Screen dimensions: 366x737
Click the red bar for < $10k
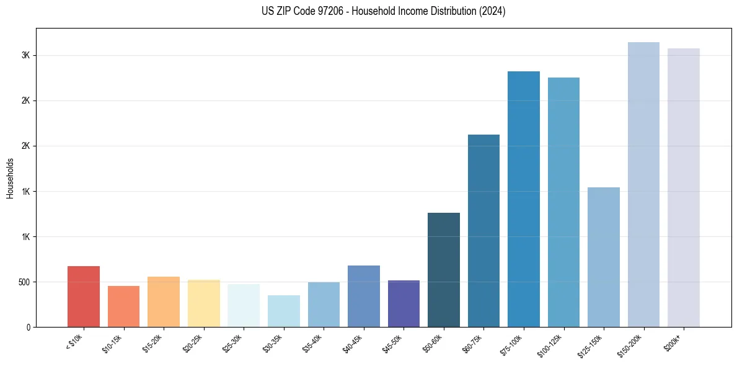point(84,297)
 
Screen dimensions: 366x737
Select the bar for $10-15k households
point(123,306)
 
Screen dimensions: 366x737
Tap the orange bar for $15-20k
point(164,301)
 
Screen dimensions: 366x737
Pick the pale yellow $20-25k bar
point(204,303)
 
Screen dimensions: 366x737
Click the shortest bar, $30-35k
point(284,311)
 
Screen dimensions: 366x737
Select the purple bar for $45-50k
point(404,303)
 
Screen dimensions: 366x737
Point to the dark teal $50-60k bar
point(444,270)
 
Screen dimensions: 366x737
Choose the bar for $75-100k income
point(524,199)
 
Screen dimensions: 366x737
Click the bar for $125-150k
point(604,257)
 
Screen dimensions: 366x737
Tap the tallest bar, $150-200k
point(643,184)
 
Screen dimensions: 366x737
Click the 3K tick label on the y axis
point(25,55)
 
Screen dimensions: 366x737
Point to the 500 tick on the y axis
point(24,282)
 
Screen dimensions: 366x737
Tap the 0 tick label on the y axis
point(29,328)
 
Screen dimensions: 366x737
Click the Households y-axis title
point(11,178)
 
